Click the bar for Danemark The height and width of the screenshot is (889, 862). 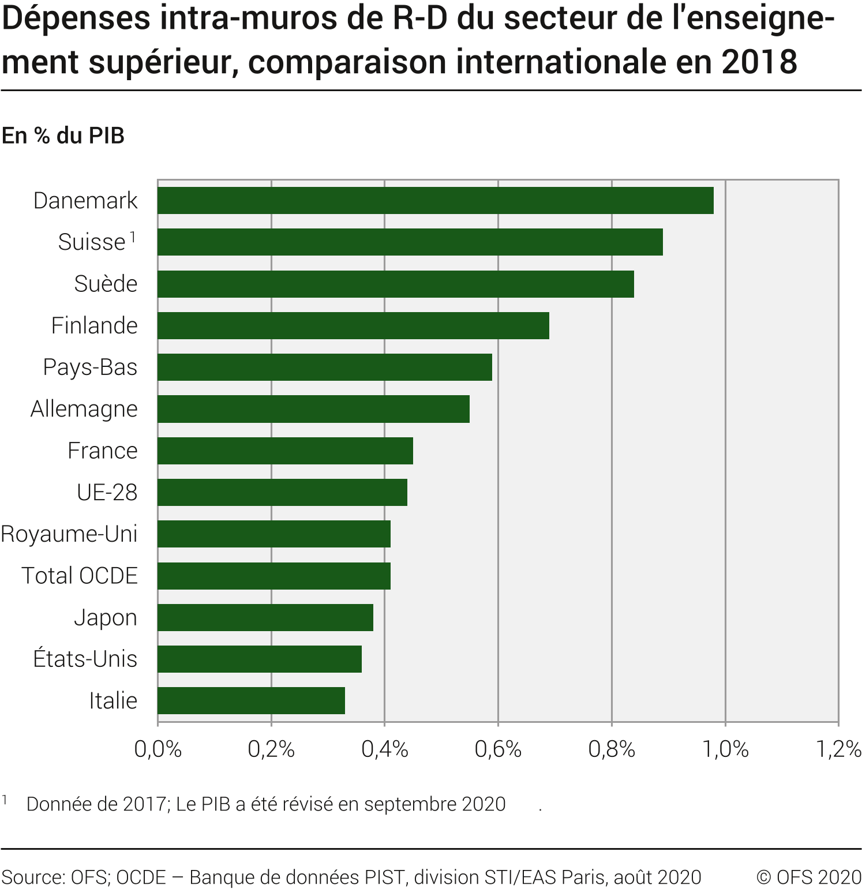(436, 200)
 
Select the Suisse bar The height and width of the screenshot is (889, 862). (410, 242)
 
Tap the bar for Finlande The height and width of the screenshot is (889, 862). (353, 325)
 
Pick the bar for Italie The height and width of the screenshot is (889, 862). (251, 700)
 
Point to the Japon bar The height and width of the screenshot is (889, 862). (265, 617)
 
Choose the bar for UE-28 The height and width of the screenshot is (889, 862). (282, 492)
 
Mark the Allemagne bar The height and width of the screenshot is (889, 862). (313, 408)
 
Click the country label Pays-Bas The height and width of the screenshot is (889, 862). (90, 367)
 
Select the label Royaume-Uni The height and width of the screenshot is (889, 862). (69, 534)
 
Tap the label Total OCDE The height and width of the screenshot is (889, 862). (80, 576)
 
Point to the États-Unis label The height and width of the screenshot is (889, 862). (85, 659)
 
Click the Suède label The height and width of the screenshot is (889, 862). (106, 284)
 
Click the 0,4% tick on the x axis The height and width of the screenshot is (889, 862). (385, 749)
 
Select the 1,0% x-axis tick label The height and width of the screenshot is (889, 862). (725, 749)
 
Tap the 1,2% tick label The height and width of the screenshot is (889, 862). (838, 749)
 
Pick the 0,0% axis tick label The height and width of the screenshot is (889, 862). (158, 749)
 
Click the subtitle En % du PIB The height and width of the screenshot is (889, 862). (63, 136)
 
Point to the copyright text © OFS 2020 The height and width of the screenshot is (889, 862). (809, 877)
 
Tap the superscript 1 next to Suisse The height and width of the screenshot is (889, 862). (133, 237)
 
